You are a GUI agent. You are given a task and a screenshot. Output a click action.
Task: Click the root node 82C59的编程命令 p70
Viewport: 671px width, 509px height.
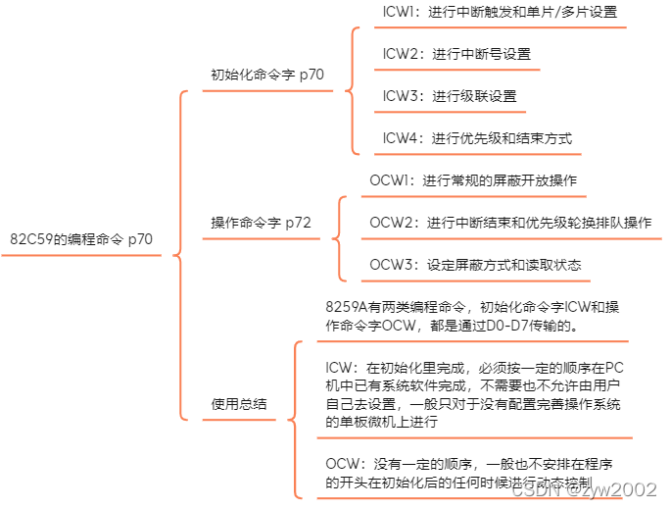81,238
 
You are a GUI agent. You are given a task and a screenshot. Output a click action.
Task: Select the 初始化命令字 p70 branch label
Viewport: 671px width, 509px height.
267,74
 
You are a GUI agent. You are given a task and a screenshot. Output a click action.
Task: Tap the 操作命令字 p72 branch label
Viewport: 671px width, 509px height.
262,223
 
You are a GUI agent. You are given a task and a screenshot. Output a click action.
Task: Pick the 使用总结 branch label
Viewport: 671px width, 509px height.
239,403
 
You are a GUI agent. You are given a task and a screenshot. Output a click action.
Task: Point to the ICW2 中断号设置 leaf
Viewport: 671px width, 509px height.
456,54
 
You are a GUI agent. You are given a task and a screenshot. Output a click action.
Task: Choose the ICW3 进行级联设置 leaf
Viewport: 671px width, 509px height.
449,96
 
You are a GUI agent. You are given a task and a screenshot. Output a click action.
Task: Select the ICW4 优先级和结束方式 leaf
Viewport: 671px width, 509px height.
477,138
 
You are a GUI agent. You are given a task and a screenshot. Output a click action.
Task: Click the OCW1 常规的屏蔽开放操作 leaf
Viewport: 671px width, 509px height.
473,180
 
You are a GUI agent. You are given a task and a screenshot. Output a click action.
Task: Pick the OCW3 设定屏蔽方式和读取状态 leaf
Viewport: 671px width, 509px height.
475,265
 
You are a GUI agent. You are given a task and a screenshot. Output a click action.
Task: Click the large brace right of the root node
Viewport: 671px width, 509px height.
178,255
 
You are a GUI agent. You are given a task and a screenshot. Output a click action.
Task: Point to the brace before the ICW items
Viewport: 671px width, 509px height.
353,91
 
